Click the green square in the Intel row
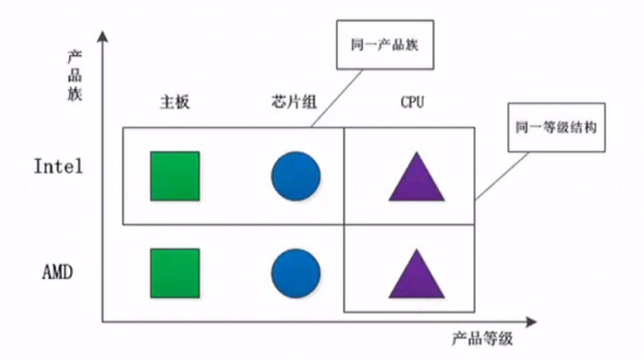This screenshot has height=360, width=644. tap(175, 176)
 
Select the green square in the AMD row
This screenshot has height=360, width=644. tap(175, 273)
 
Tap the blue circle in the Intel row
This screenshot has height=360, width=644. tap(296, 176)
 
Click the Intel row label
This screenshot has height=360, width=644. tap(58, 166)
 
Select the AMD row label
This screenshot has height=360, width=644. tap(58, 273)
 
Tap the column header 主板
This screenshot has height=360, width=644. tap(175, 102)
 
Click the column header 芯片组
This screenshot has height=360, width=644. tap(290, 102)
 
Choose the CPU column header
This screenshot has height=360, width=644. tap(413, 102)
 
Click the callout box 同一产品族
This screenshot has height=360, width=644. tap(384, 46)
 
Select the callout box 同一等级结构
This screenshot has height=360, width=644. tap(556, 128)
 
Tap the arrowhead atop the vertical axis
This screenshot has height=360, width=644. tap(104, 36)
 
